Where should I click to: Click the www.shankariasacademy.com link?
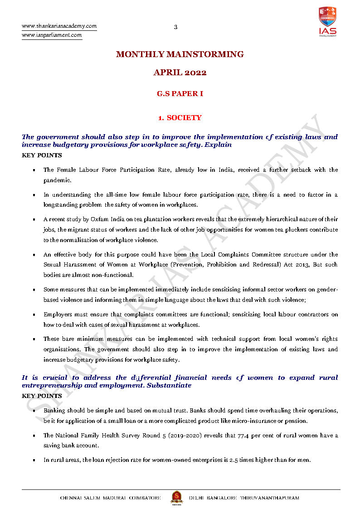pyautogui.click(x=59, y=26)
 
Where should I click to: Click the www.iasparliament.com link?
pyautogui.click(x=52, y=35)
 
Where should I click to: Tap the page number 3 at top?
pyautogui.click(x=176, y=27)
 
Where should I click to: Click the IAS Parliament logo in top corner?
pyautogui.click(x=327, y=21)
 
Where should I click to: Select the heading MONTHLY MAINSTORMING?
pyautogui.click(x=180, y=54)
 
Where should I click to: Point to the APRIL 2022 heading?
pyautogui.click(x=180, y=73)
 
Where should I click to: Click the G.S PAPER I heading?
pyautogui.click(x=180, y=94)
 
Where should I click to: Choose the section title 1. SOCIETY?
pyautogui.click(x=180, y=118)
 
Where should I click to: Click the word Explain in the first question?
pyautogui.click(x=219, y=145)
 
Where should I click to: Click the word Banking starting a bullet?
pyautogui.click(x=54, y=411)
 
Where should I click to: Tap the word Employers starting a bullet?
pyautogui.click(x=57, y=315)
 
